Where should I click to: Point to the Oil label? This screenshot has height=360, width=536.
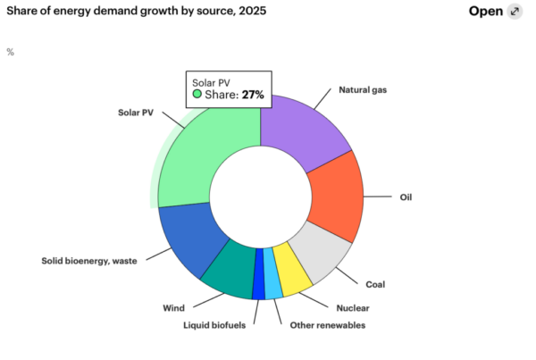[x=405, y=197]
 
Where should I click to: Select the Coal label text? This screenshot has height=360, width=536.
[x=375, y=284]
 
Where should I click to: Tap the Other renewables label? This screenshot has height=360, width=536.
[x=328, y=324]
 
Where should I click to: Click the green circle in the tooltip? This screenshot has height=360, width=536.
[x=197, y=94]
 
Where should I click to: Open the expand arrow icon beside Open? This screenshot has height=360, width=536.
[x=514, y=12]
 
